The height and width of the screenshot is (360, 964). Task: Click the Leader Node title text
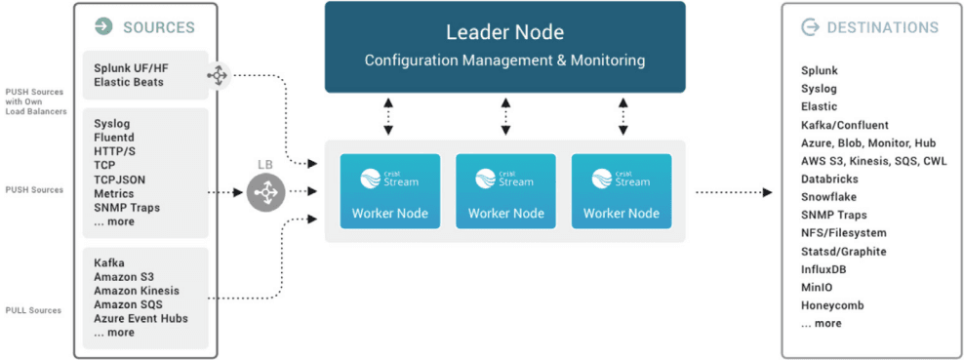click(504, 31)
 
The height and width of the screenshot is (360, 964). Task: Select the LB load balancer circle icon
click(265, 191)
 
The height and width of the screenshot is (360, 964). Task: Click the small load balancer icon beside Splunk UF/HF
click(217, 74)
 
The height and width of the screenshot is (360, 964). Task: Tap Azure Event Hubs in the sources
click(141, 318)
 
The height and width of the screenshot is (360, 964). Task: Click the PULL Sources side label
click(33, 310)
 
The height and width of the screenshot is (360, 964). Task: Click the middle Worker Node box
click(504, 191)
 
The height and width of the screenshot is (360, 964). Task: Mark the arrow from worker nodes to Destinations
click(733, 192)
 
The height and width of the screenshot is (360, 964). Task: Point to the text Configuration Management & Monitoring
click(504, 60)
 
